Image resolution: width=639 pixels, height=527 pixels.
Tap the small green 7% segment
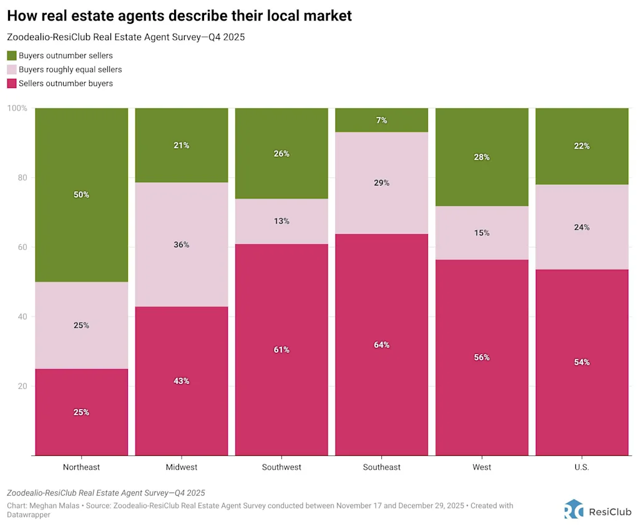coord(382,120)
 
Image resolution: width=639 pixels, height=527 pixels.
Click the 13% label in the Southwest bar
coord(281,221)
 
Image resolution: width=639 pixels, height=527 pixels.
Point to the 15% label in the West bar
coord(482,233)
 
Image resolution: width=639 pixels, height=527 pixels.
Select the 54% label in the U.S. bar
coord(582,362)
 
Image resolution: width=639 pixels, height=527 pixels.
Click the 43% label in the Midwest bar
coord(182,381)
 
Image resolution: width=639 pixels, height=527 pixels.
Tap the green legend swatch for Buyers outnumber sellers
coord(12,56)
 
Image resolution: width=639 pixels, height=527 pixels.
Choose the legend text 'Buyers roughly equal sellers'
coord(70,69)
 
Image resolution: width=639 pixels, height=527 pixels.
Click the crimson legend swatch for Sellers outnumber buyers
coord(12,83)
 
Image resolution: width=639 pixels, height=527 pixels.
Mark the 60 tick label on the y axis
coord(22,247)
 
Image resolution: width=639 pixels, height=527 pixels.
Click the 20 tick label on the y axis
coord(22,387)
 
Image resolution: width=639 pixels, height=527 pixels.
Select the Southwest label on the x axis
coord(281,467)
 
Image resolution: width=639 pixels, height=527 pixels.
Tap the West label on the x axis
coord(482,467)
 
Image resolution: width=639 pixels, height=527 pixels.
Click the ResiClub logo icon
coord(573,509)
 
